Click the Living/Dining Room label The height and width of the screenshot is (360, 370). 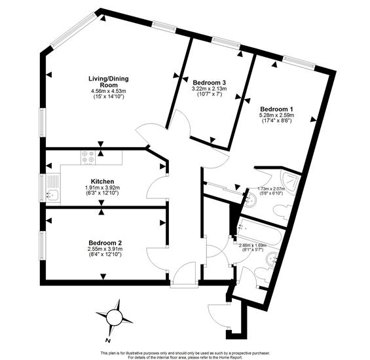coord(108,82)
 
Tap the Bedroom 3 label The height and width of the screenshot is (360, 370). coord(210,83)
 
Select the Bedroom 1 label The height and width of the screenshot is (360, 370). coord(276,109)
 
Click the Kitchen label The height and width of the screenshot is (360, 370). coord(102,181)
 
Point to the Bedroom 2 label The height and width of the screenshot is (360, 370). coord(105,243)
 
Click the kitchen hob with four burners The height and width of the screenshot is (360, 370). coord(88,157)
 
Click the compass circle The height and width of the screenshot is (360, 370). coord(113,317)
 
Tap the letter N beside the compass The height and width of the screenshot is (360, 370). coord(108,340)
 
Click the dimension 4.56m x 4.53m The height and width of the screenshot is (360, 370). coord(108,91)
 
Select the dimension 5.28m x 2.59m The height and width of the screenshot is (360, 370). coord(276,115)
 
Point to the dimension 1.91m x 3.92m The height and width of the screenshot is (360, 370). coord(102,188)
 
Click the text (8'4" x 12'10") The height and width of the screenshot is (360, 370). coord(105,254)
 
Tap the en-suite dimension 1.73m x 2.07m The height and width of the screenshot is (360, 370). coord(271,189)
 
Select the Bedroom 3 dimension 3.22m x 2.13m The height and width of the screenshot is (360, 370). coord(210,89)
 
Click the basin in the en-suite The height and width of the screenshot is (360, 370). coord(250,200)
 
